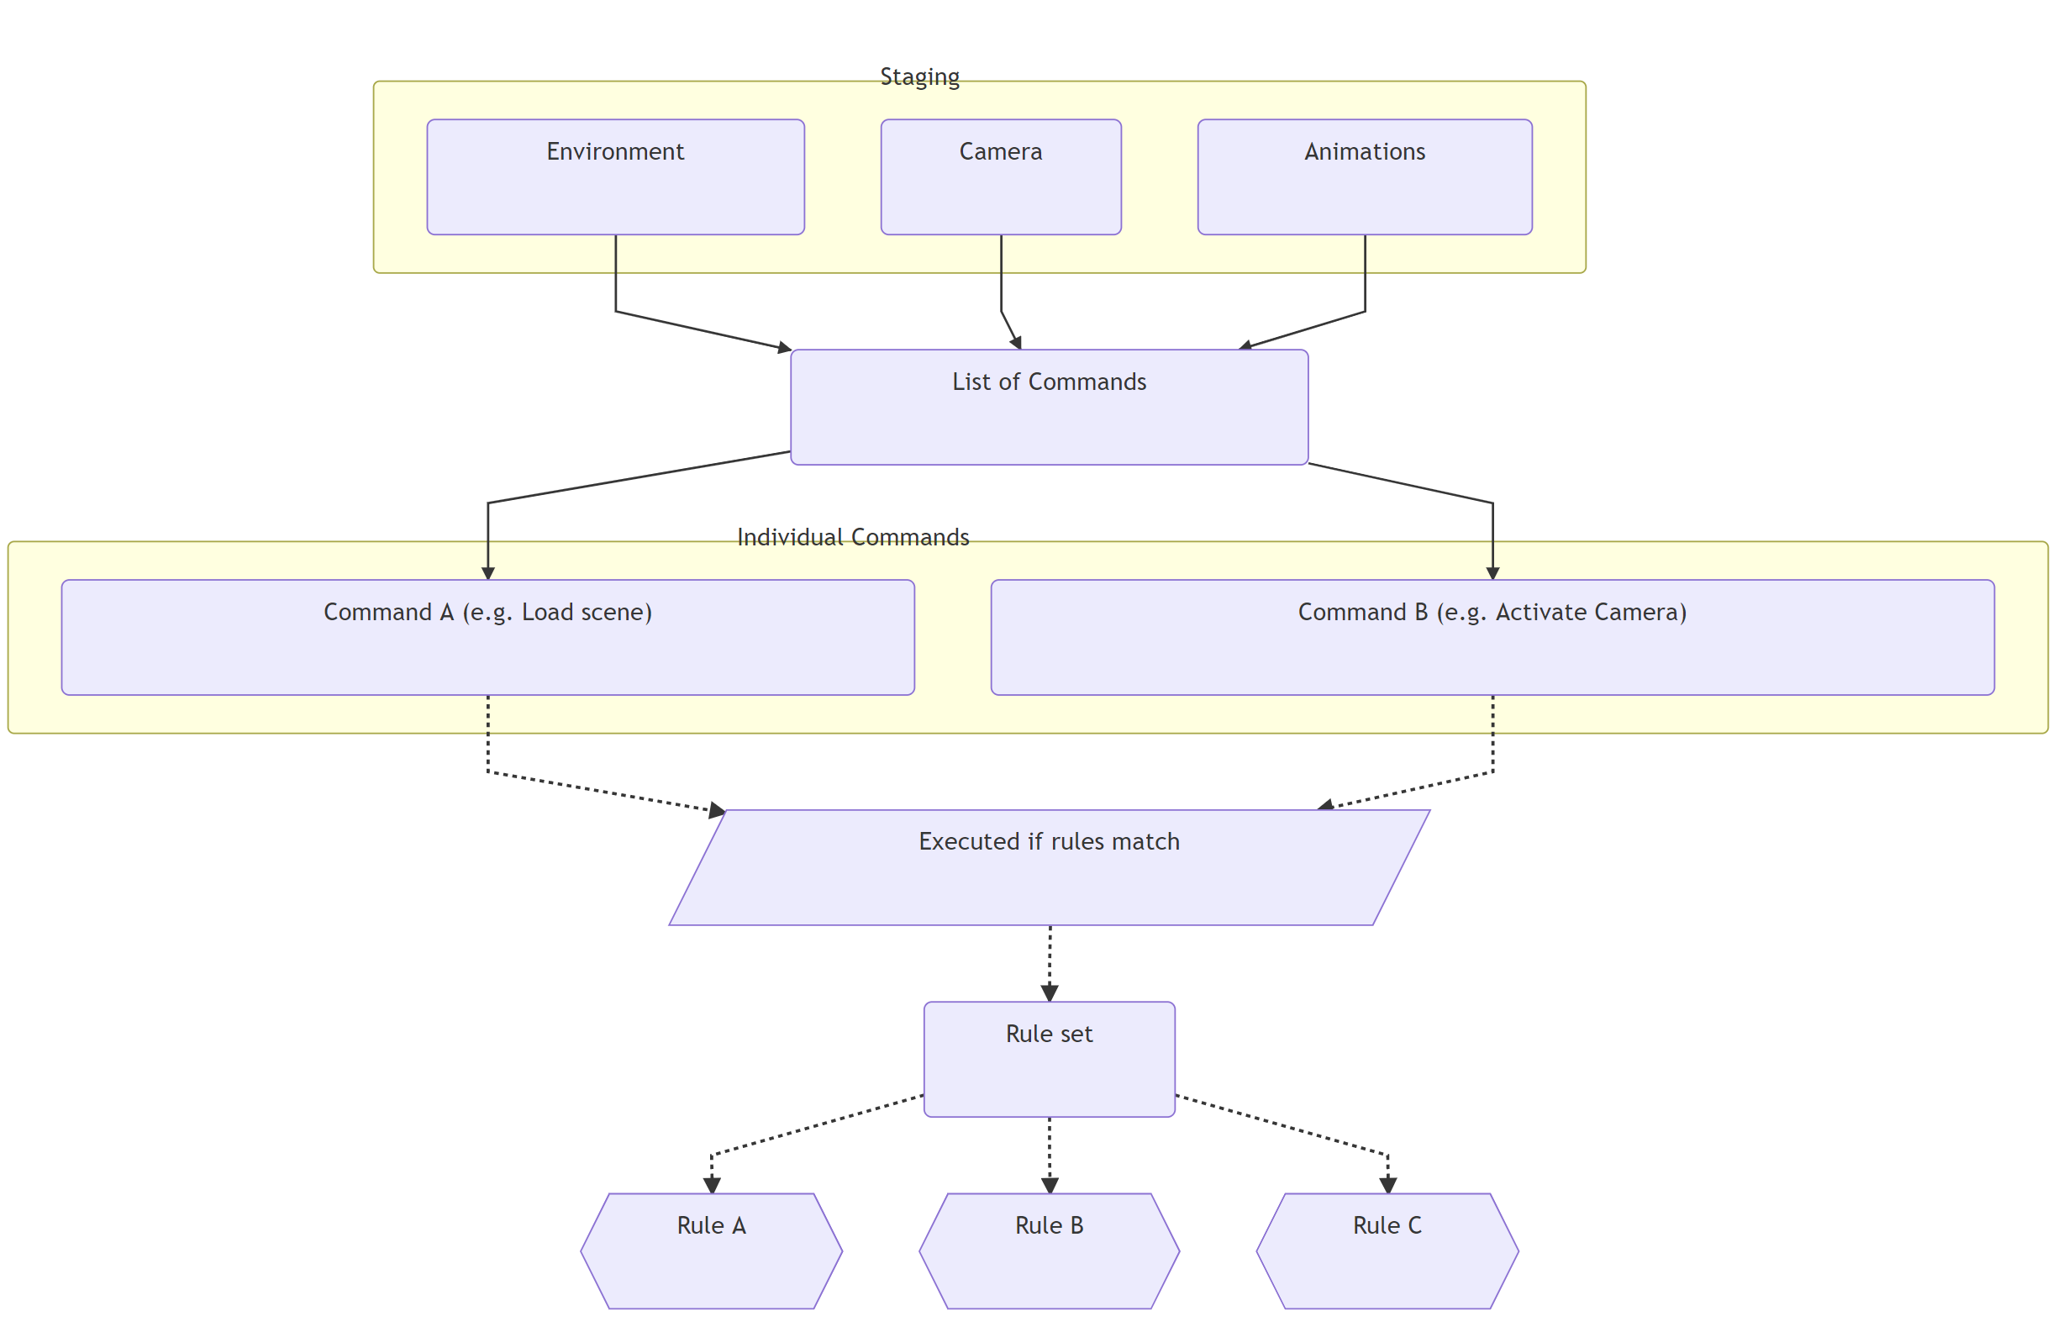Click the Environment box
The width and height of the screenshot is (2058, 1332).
615,176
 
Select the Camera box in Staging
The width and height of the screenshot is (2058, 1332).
1001,176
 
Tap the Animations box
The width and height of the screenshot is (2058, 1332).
1364,176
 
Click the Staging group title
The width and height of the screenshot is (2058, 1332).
919,77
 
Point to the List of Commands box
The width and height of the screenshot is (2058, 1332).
1048,407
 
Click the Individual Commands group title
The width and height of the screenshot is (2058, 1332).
852,537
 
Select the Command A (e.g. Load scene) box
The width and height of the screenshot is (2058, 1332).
487,637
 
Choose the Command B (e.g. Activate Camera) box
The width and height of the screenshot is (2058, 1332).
1492,637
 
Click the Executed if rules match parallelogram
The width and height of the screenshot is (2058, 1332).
1048,866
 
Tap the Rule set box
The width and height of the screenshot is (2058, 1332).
1048,1059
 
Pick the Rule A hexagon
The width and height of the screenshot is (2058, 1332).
711,1250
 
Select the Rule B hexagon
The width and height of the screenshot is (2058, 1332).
1048,1250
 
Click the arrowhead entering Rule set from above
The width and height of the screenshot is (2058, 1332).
1049,993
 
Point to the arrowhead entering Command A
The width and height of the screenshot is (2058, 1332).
487,572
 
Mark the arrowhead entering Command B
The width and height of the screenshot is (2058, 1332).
1492,572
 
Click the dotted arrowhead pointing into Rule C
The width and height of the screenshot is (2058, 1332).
1387,1185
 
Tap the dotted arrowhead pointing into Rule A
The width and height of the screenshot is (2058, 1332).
712,1185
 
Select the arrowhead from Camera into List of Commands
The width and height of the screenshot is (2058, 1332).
1016,343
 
